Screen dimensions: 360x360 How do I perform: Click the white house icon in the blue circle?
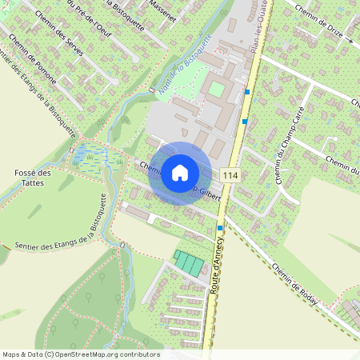[180, 173]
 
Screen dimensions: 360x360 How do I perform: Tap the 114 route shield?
[231, 176]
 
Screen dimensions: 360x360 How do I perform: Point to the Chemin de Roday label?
[295, 284]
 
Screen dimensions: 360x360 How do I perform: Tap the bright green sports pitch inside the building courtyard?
[217, 90]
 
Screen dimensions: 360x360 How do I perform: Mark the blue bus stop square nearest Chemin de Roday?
[220, 227]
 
